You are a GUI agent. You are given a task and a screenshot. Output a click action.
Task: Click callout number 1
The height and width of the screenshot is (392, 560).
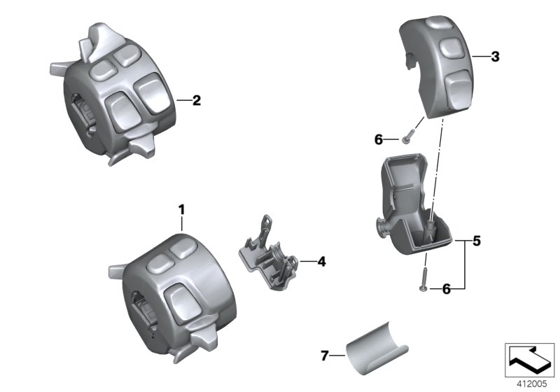[x=181, y=209]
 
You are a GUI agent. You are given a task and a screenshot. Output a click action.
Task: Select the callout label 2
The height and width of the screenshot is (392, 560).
[x=197, y=101]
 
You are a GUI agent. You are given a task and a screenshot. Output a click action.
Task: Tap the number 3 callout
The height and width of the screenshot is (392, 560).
[x=495, y=57]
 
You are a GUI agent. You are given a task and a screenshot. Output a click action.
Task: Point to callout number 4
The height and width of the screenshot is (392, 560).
[x=321, y=262]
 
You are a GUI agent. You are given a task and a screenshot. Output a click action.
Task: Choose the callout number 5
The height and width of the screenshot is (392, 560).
[x=476, y=242]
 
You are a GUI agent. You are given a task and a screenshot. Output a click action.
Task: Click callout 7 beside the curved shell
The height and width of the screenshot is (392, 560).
[x=324, y=356]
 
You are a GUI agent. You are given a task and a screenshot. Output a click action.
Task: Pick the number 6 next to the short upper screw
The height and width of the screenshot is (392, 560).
[x=379, y=140]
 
